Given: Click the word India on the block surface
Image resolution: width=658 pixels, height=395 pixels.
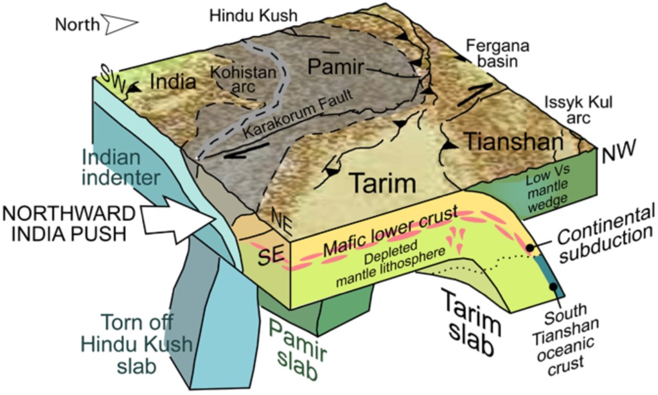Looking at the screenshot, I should pyautogui.click(x=172, y=82).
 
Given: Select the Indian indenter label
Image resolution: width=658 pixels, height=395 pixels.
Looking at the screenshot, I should pyautogui.click(x=120, y=166).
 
